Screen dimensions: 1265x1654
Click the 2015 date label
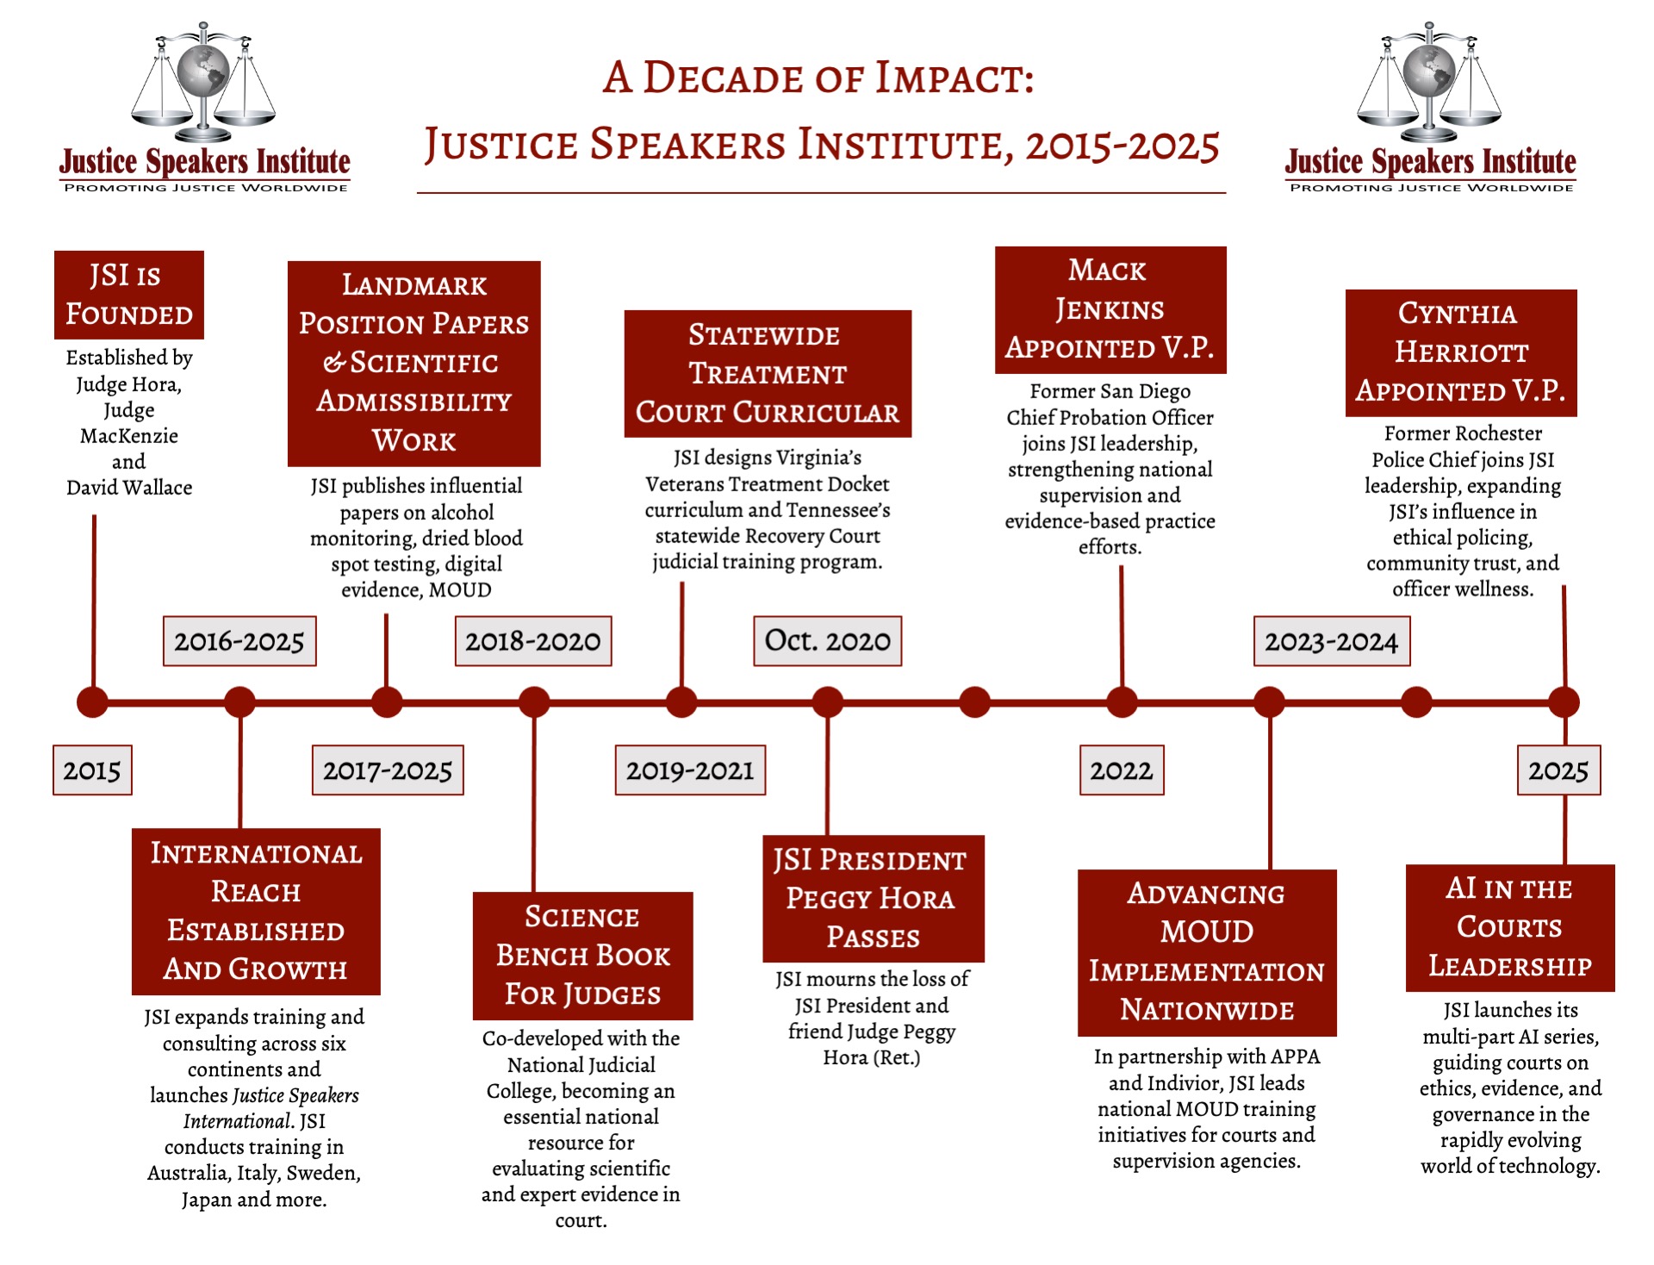coord(92,770)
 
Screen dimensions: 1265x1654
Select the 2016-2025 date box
coord(239,641)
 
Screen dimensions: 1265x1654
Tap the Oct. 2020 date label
coord(827,641)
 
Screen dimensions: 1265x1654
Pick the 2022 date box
coord(1121,770)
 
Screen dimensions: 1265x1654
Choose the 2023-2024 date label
coord(1331,641)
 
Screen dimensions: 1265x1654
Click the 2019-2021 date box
coord(689,770)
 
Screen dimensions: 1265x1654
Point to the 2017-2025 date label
coord(387,770)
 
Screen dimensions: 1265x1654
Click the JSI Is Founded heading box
coord(129,295)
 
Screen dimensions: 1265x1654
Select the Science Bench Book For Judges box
coord(582,956)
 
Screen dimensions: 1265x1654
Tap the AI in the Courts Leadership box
coord(1509,927)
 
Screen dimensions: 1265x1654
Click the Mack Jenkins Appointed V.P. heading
coord(1110,309)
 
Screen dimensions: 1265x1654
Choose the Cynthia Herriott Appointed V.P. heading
coord(1460,352)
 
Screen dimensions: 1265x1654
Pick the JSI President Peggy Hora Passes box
coord(873,898)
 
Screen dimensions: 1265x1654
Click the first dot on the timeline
coord(92,702)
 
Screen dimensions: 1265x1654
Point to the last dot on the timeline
coord(1564,702)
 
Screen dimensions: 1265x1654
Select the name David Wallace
coord(129,488)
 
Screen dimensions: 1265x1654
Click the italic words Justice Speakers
coord(295,1095)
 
